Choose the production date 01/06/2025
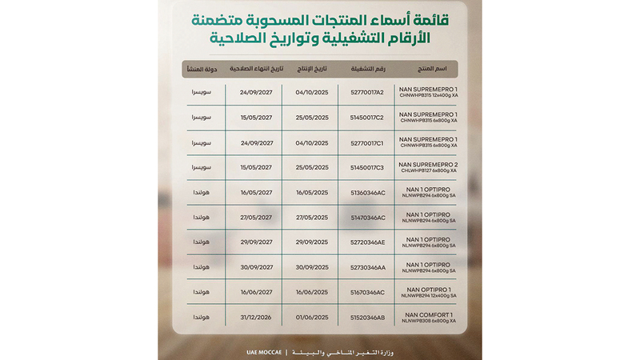[x=312, y=317]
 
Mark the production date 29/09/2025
[x=312, y=242]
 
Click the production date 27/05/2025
[x=312, y=218]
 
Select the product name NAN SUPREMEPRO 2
[x=433, y=165]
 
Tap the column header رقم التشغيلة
[x=368, y=69]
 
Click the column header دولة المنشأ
[x=198, y=69]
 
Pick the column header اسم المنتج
[x=432, y=69]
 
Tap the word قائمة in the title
[x=441, y=18]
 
